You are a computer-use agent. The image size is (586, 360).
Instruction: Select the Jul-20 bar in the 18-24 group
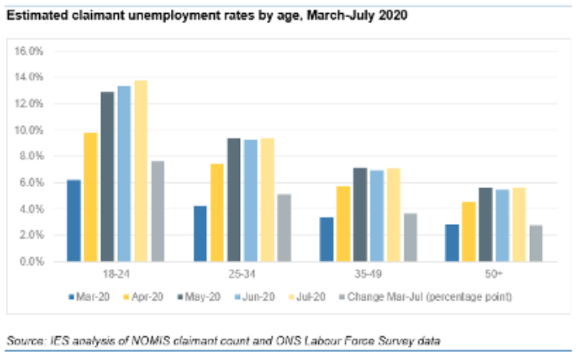pyautogui.click(x=141, y=171)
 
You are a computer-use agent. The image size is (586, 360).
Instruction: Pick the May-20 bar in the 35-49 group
pyautogui.click(x=360, y=215)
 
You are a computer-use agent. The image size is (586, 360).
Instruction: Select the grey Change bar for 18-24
pyautogui.click(x=157, y=211)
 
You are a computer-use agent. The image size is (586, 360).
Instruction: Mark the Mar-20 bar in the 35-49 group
pyautogui.click(x=326, y=239)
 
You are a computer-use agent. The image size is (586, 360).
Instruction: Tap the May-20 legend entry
pyautogui.click(x=200, y=296)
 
